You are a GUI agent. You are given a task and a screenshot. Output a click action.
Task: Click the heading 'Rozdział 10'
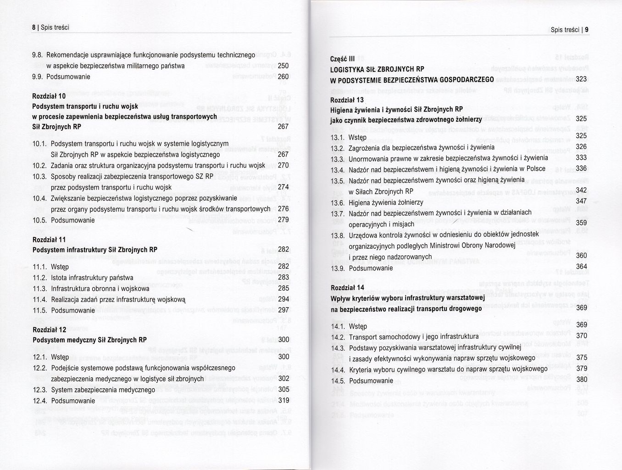tap(49, 96)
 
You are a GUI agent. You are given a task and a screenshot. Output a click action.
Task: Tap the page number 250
tap(283, 66)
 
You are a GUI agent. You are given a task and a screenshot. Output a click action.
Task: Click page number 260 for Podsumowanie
tap(283, 77)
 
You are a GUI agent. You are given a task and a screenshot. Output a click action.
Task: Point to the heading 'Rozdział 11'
tap(49, 240)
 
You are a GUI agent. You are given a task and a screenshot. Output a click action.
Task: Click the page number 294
tap(283, 299)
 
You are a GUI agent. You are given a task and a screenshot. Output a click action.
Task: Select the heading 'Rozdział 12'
tap(50, 330)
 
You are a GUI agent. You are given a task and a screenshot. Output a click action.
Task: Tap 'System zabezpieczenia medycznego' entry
tap(103, 390)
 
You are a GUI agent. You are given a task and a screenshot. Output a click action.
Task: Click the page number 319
tap(283, 400)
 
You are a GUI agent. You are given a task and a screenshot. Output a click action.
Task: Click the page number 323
tap(581, 79)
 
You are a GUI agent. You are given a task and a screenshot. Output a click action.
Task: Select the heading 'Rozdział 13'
tap(347, 100)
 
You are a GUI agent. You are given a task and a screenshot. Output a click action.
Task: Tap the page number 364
tap(581, 267)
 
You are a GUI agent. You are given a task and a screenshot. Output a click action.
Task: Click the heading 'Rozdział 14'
tap(347, 288)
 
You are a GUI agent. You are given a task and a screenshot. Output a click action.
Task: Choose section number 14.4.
tap(338, 370)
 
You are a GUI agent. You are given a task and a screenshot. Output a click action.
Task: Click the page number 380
tap(582, 380)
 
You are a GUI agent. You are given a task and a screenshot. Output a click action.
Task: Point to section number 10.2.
tap(39, 166)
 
